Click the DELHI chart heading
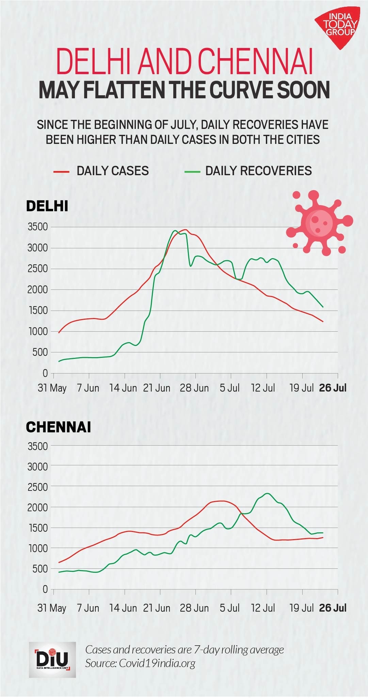[47, 206]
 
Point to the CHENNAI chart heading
[59, 427]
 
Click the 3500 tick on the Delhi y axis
[37, 227]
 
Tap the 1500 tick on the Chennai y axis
[37, 528]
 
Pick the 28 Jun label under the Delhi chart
[194, 388]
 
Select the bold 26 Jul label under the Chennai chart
[333, 608]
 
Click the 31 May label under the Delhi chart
[52, 388]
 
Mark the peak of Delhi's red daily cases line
[185, 230]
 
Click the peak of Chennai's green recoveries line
[267, 493]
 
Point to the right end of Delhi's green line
[322, 307]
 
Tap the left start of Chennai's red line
[59, 562]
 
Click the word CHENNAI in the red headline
[255, 62]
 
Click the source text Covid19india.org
[157, 663]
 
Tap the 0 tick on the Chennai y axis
[45, 589]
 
